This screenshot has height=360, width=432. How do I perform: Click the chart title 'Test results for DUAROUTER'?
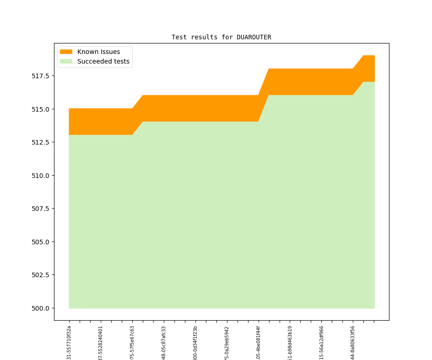point(221,37)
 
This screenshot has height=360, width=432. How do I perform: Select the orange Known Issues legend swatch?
point(66,52)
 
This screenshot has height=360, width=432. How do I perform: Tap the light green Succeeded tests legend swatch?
point(66,61)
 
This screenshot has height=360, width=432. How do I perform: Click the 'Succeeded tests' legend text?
point(103,61)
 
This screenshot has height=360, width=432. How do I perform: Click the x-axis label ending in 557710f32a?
point(69,343)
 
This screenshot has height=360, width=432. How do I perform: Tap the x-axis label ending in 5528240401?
point(101,343)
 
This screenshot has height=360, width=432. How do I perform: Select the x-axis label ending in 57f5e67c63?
point(132,343)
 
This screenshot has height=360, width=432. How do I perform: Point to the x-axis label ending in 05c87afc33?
point(164,343)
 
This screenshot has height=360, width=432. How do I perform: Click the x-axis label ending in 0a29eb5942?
point(227,343)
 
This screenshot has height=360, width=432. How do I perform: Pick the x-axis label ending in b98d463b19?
point(290,343)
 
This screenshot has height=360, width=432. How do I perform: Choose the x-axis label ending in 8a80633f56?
point(353,343)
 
